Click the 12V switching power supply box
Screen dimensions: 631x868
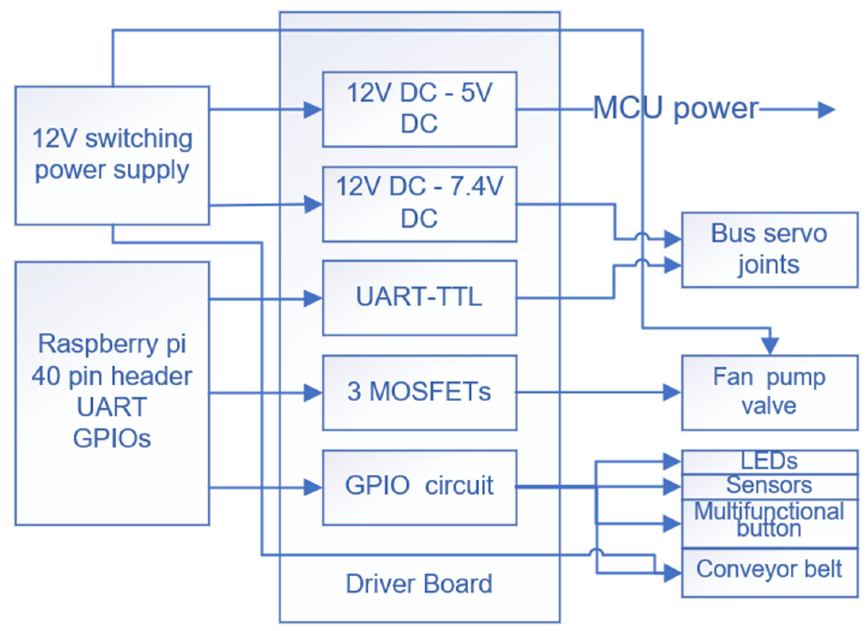(112, 155)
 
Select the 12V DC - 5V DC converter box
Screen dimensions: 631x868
(419, 109)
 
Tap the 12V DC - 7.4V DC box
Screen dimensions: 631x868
(419, 204)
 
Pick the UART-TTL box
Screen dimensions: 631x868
(419, 297)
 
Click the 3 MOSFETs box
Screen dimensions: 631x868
(419, 392)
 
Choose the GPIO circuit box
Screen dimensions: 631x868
(419, 487)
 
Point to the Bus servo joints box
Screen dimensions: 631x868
(769, 250)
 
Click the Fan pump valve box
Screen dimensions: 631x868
(769, 392)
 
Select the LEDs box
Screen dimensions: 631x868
(769, 461)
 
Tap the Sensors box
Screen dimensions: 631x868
(769, 486)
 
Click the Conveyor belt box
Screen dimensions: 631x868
(769, 572)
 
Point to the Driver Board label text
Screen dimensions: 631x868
(419, 583)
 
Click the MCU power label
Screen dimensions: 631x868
(676, 109)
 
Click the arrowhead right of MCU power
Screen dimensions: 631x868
(826, 110)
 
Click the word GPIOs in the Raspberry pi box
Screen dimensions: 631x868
(112, 439)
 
